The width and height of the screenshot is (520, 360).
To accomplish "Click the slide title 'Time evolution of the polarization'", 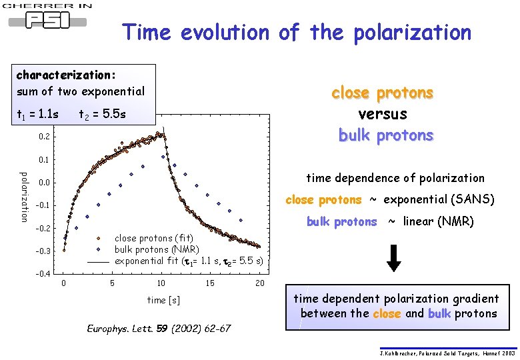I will click(297, 32).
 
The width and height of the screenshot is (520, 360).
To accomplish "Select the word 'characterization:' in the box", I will click(67, 75).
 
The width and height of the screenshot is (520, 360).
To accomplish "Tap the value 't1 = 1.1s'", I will click(37, 115).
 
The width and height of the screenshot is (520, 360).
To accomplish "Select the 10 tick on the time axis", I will click(161, 283).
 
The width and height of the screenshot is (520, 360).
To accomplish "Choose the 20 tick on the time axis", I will click(260, 283).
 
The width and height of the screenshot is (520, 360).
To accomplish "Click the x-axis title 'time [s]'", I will click(163, 301).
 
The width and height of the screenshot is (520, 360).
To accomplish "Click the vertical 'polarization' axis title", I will click(24, 197).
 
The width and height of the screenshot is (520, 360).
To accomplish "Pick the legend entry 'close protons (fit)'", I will click(153, 238).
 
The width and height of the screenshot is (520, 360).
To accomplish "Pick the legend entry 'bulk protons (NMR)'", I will click(156, 249).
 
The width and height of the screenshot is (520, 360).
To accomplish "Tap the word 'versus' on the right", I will click(383, 114).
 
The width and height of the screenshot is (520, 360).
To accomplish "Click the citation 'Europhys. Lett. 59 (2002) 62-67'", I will click(159, 329).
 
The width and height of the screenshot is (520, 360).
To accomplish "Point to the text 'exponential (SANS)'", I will click(439, 199).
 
